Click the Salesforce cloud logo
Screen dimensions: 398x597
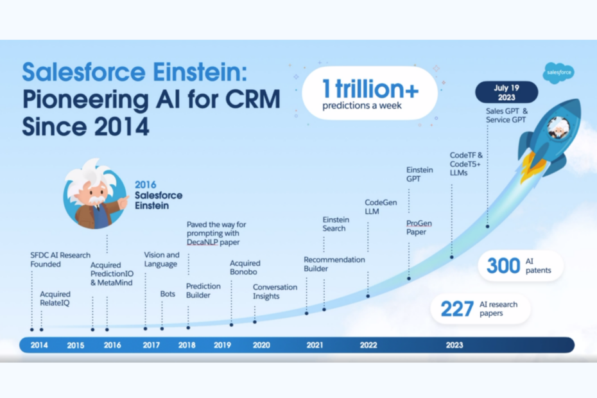(558, 73)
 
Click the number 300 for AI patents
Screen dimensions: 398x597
(503, 265)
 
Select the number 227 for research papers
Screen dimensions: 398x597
(457, 309)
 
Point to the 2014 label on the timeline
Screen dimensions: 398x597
(39, 345)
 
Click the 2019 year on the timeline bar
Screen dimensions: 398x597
(222, 345)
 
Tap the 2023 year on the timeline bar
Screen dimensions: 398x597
(454, 345)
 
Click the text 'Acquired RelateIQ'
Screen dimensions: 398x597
(55, 299)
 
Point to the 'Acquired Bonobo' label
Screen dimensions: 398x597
(245, 268)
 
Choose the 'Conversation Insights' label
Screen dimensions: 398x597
(275, 291)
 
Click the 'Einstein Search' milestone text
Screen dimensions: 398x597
(334, 224)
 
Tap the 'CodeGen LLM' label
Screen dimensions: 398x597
(381, 207)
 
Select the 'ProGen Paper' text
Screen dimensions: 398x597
(419, 227)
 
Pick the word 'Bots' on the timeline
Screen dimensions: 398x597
(168, 294)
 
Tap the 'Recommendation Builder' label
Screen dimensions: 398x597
(334, 264)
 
